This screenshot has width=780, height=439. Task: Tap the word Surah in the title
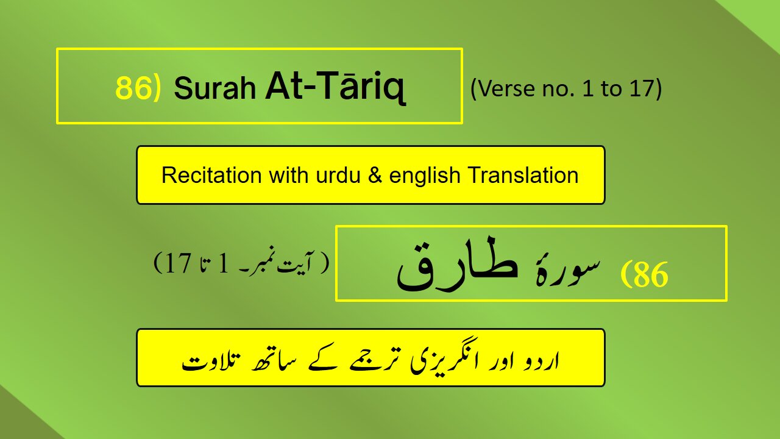pos(215,88)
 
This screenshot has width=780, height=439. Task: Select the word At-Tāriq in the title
pos(335,86)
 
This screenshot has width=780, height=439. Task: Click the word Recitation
pos(211,175)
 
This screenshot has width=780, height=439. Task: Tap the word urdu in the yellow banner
pos(338,175)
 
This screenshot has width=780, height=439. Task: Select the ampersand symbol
pos(375,175)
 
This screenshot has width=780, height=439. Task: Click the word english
pos(425,176)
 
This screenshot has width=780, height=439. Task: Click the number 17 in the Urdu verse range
pos(179,263)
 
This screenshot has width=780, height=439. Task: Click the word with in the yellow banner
pos(289,175)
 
